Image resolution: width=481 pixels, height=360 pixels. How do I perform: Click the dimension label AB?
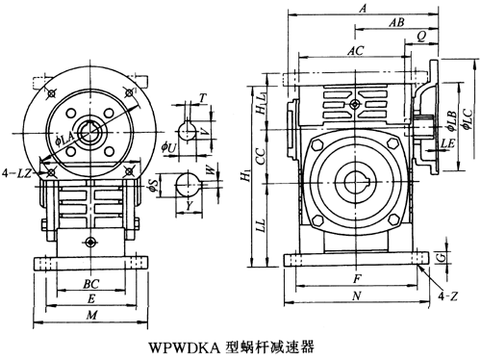(396, 22)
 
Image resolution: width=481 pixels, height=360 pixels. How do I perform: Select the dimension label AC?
(356, 50)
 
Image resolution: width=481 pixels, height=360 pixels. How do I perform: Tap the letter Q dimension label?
(421, 37)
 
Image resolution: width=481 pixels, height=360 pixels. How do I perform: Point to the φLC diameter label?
(468, 119)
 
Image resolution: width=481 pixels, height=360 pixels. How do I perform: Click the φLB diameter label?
(451, 121)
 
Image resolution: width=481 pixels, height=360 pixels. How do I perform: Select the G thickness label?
(443, 257)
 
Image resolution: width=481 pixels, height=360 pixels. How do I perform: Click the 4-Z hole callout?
(448, 296)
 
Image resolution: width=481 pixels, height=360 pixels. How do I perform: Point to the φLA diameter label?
(65, 141)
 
